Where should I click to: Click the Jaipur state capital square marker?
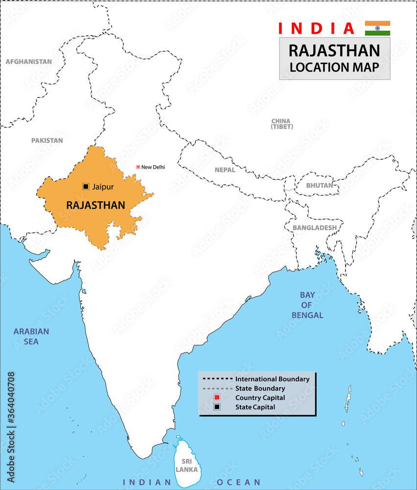point(86,187)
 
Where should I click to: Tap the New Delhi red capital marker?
point(138,167)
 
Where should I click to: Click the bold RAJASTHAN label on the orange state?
point(95,205)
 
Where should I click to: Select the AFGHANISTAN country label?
point(28,62)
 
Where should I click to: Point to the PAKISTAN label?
point(47,140)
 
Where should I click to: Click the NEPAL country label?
point(225,170)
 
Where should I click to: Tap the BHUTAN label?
point(319,186)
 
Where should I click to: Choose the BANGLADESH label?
point(314,228)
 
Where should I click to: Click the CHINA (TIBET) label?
point(281,123)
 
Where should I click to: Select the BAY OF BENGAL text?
point(307,305)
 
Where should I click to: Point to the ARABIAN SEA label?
point(31,336)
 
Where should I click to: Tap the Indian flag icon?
point(377,28)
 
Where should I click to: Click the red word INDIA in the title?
point(316,28)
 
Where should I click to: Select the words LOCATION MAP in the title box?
point(334,68)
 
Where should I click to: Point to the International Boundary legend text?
point(272,379)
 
